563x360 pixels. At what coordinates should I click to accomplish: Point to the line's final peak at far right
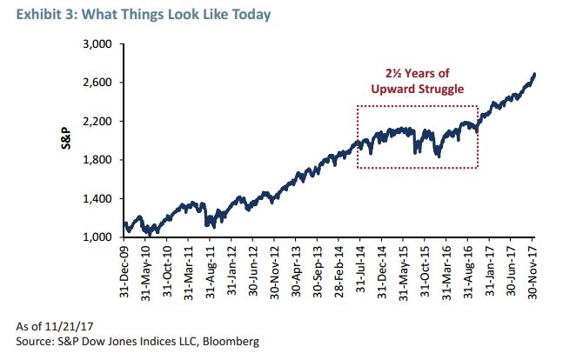[x=533, y=74]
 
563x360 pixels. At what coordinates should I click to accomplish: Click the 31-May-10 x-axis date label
[x=147, y=272]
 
